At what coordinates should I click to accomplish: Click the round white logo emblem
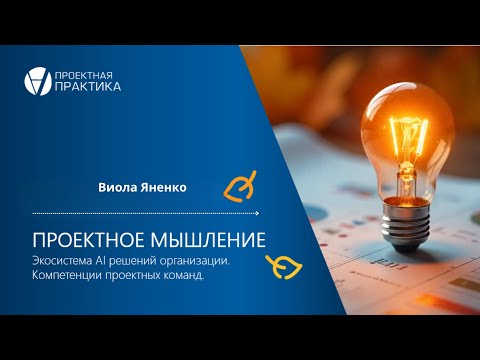[x=38, y=81]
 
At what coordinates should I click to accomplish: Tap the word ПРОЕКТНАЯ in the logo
[x=83, y=76]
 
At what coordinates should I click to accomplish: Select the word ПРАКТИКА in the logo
[x=88, y=87]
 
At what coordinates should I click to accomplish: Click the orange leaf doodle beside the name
[x=240, y=186]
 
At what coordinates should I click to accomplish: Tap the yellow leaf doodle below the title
[x=284, y=267]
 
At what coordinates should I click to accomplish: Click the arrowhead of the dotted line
[x=257, y=213]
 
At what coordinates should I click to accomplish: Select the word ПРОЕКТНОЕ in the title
[x=89, y=240]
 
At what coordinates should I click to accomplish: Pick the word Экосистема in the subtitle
[x=62, y=261]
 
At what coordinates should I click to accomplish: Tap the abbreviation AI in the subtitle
[x=100, y=261]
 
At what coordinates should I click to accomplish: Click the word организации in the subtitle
[x=195, y=261]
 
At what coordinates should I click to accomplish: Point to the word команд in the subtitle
[x=183, y=276]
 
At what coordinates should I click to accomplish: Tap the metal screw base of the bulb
[x=406, y=221]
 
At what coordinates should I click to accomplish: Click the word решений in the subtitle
[x=132, y=261]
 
